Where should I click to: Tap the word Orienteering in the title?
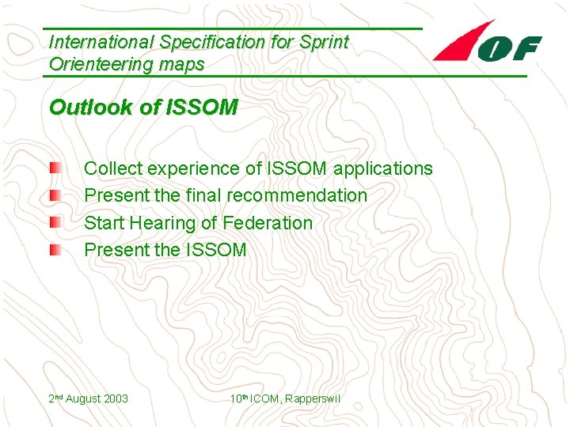pos(99,64)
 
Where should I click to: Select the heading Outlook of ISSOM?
pos(142,108)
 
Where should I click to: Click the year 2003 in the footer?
pos(115,399)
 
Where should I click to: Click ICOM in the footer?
pos(266,399)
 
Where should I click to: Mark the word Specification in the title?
pos(214,43)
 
